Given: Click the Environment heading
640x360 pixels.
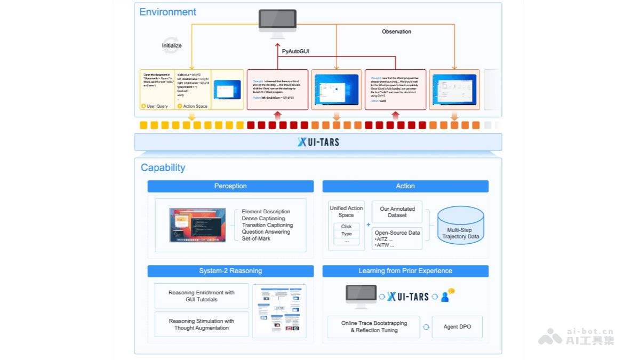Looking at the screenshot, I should coord(167,12).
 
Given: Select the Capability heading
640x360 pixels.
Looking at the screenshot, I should coord(163,167).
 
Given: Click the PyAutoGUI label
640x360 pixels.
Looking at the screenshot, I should coord(295,52).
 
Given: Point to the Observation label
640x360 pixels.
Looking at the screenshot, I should coord(396,31).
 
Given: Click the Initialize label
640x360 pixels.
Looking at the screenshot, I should coord(172,46).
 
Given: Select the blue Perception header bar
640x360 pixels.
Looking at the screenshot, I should coord(230,186).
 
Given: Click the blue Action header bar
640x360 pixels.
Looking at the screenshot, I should coord(405,186).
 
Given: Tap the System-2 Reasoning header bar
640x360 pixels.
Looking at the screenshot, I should coord(230,271).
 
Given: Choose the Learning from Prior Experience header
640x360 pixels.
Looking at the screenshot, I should coord(405,271).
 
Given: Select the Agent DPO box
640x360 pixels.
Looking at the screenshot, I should coord(457,327).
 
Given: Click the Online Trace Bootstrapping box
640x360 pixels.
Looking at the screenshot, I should coord(374,327).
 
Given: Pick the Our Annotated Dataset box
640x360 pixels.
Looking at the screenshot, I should coord(397,212).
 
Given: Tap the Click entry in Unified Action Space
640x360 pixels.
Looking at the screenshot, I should coord(346,226).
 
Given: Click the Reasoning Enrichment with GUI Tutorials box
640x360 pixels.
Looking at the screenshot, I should coord(201,296).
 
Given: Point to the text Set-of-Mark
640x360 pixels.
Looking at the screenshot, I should coord(256,238).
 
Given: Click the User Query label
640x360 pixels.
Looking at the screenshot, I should coord(157,106).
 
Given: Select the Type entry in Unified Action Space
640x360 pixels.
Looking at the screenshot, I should coord(346,234).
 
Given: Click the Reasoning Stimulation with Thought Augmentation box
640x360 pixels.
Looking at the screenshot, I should coord(201,324).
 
